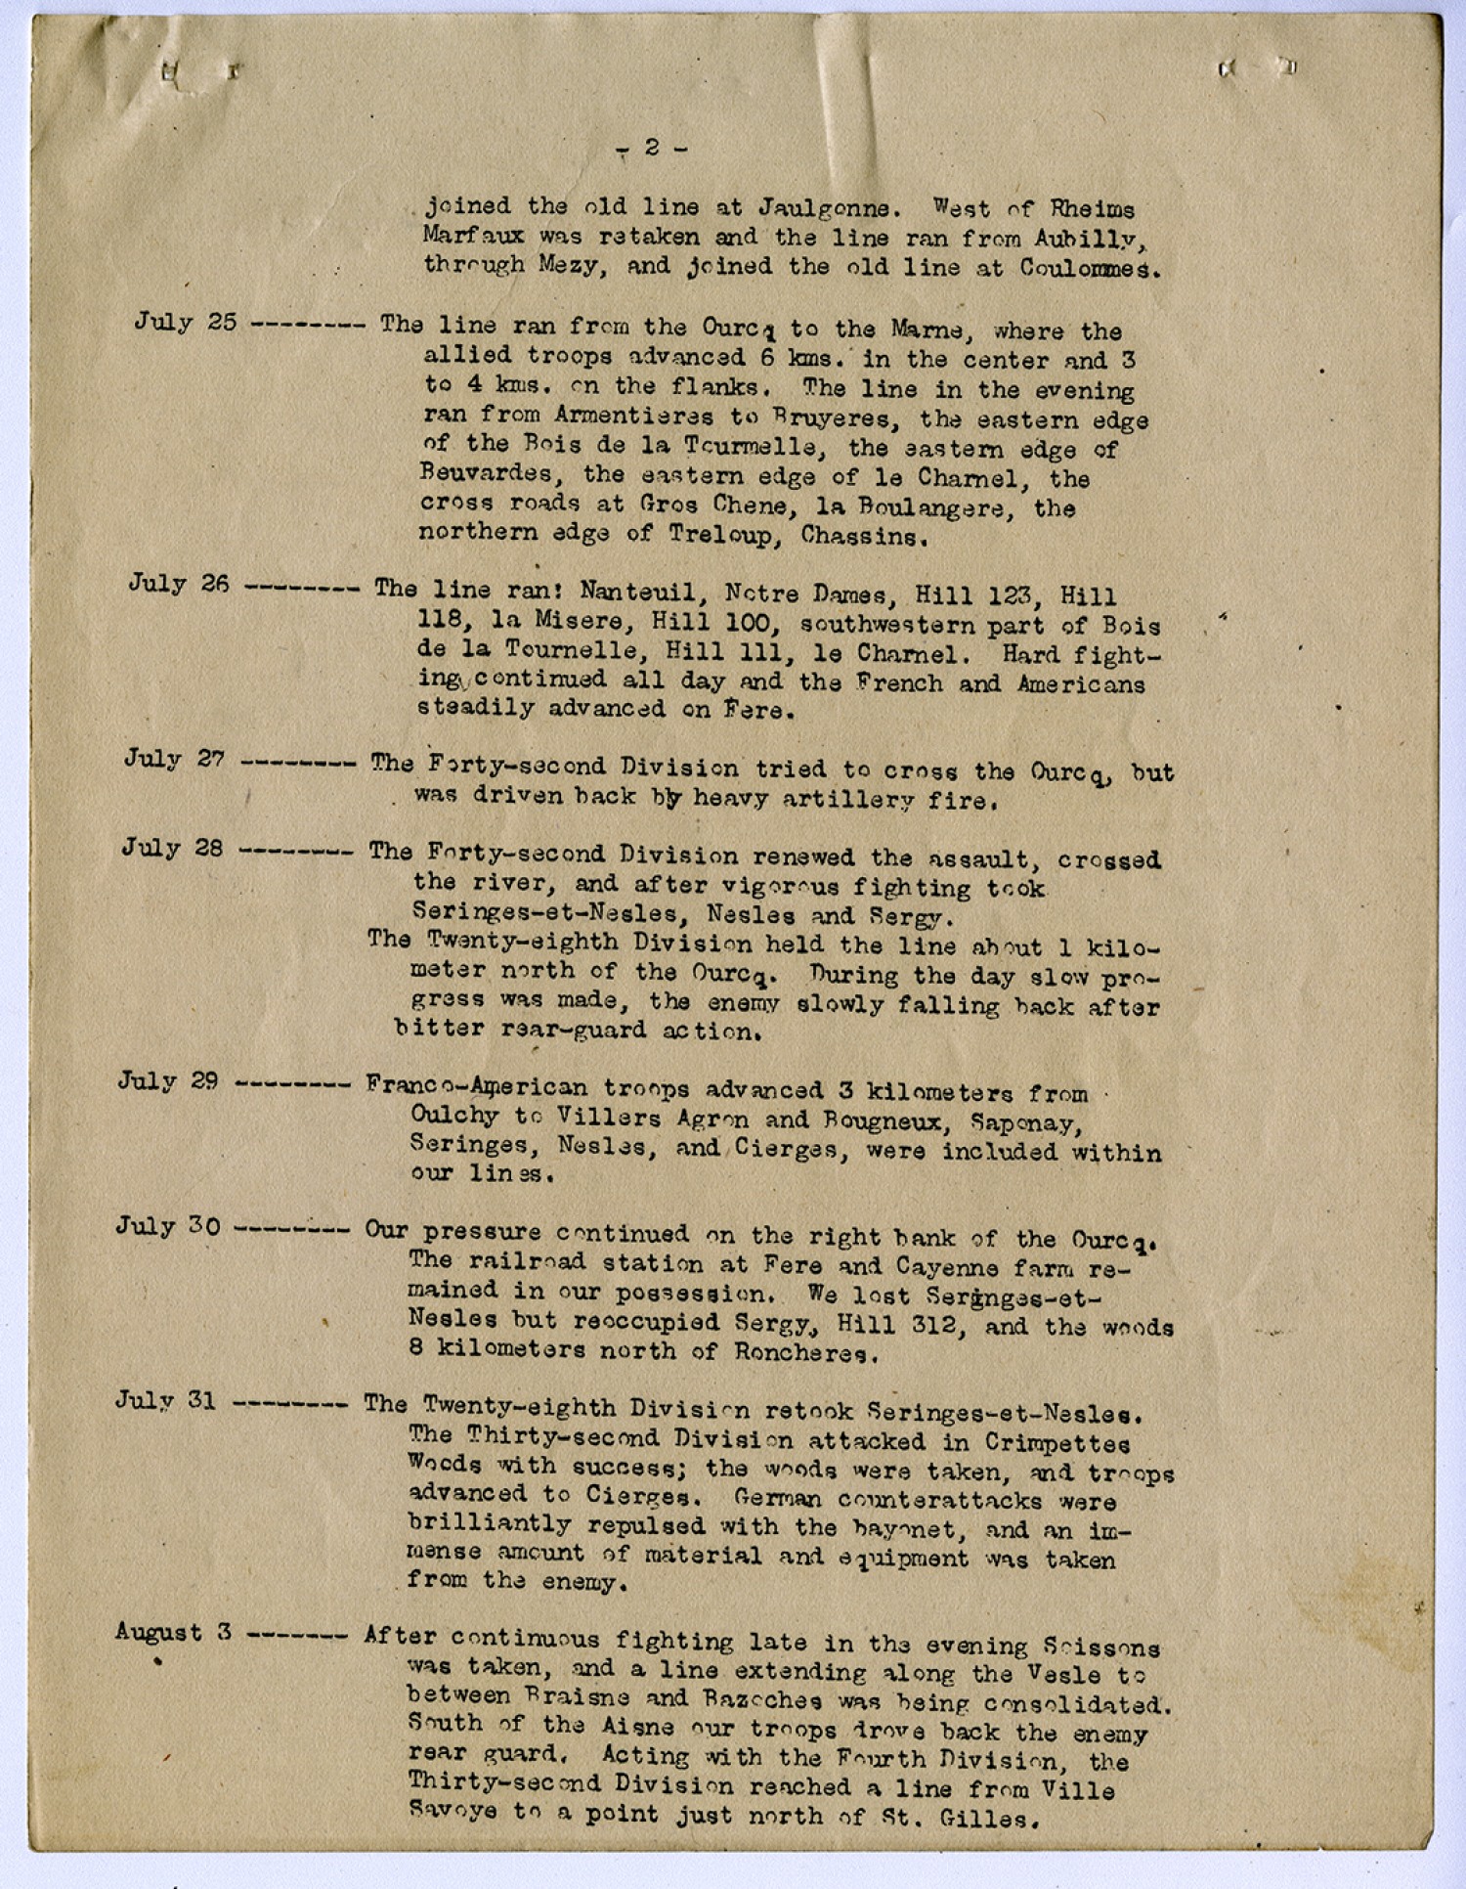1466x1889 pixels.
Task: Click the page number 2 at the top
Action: (x=652, y=148)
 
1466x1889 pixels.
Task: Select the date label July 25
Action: (x=185, y=322)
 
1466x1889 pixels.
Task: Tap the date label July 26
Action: (x=179, y=584)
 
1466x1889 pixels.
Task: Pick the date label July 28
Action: (x=172, y=847)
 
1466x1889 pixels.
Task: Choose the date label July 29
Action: (x=168, y=1080)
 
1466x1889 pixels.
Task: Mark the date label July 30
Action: (x=168, y=1225)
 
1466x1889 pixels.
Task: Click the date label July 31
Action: (x=165, y=1400)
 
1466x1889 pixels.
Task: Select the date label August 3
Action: (x=173, y=1632)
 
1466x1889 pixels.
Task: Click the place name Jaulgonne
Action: (x=824, y=208)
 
